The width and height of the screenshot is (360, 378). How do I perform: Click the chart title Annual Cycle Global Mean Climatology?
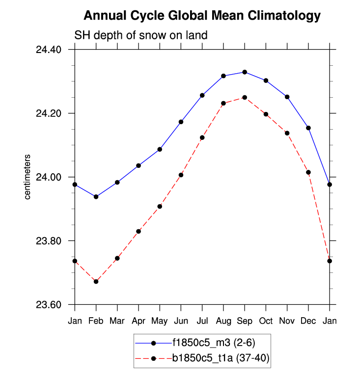pos(202,16)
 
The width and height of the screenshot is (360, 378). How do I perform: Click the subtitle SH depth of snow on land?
pos(140,35)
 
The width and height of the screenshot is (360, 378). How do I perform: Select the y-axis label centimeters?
pos(28,177)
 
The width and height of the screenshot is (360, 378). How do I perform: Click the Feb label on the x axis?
pos(96,321)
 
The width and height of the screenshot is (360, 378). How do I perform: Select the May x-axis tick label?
pos(160,321)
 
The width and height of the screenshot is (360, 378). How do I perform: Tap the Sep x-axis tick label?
pos(245,321)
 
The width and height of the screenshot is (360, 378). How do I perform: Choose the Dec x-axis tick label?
pos(308,321)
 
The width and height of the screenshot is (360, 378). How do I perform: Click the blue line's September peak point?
pos(245,72)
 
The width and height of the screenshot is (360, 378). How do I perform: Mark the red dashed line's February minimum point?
pos(96,281)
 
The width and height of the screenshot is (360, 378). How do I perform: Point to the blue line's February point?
pos(96,197)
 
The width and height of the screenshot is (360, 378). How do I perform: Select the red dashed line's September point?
pos(245,98)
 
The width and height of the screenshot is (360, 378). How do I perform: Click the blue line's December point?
pos(308,128)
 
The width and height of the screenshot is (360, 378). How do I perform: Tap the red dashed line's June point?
pos(181,175)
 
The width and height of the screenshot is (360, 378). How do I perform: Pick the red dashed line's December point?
pos(308,172)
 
